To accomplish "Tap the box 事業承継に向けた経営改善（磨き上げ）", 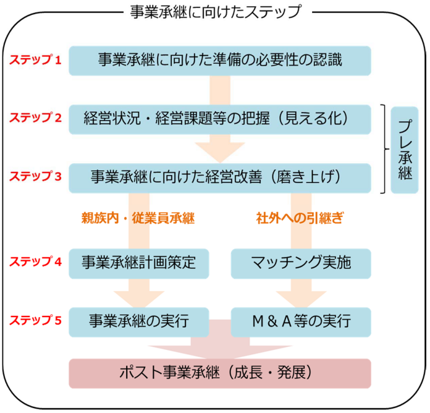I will coord(219,176).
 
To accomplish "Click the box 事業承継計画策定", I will coord(138,262).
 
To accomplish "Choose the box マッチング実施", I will coord(301,262).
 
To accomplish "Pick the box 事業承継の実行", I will coord(138,321).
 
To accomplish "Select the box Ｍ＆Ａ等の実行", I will coord(301,321).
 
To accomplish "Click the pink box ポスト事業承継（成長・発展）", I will coord(219,373).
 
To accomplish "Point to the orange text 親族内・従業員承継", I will coord(138,218).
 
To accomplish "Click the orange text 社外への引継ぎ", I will coord(300,218).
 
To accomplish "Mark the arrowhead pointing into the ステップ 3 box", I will coord(220,152).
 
